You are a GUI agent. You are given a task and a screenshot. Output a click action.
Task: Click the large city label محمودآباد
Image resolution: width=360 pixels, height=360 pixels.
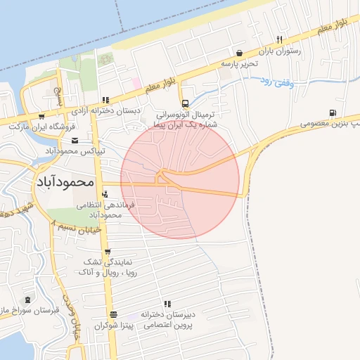64,181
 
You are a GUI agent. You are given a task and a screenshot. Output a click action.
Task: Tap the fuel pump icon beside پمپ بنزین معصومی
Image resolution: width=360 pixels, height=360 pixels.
331,112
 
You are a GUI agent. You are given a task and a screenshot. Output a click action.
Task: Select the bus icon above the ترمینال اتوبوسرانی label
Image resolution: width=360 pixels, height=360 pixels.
184,103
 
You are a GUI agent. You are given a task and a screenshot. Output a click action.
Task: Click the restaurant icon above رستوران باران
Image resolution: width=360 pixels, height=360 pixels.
280,40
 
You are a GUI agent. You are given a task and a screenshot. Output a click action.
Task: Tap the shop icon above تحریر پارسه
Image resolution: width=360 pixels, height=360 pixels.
240,53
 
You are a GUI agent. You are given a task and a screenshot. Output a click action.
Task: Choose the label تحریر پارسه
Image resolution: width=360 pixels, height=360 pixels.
240,63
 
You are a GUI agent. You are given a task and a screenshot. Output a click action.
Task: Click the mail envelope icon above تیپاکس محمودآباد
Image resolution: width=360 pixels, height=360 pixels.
75,141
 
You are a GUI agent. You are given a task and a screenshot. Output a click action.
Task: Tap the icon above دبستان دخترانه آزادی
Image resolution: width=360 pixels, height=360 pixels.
105,100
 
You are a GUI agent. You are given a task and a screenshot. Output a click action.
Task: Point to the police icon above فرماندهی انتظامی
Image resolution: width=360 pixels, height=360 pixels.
105,194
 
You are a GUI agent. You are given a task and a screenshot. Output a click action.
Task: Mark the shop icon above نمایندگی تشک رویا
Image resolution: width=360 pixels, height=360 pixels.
106,250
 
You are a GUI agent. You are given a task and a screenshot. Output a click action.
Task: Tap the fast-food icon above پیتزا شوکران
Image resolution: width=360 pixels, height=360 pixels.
112,314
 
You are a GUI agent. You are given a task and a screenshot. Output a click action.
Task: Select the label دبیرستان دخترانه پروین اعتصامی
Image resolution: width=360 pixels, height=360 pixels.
169,321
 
